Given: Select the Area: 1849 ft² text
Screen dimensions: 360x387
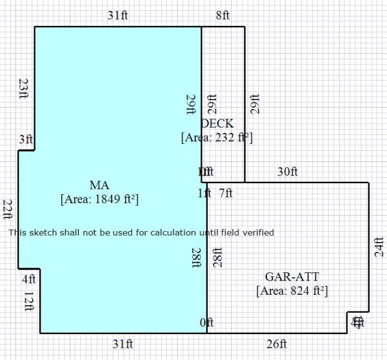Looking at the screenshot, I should pyautogui.click(x=99, y=199).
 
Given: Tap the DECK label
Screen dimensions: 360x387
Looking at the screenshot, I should pyautogui.click(x=217, y=123).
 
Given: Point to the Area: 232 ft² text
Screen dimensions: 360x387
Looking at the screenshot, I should pyautogui.click(x=217, y=137).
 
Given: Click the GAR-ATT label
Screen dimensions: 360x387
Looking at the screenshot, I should pyautogui.click(x=292, y=277).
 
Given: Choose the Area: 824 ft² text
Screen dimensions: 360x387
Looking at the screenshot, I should pyautogui.click(x=292, y=291).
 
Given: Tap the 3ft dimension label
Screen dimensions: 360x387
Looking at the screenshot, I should pyautogui.click(x=25, y=139).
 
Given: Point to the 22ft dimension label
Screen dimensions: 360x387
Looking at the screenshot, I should pyautogui.click(x=8, y=210).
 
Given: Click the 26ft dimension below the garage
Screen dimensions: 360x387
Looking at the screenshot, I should pyautogui.click(x=277, y=344).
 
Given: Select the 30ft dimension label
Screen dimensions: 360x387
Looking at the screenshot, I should pyautogui.click(x=288, y=172).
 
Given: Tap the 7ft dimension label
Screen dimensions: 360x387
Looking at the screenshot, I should pyautogui.click(x=226, y=193).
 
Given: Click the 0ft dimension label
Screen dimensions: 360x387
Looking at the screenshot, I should pyautogui.click(x=206, y=323).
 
